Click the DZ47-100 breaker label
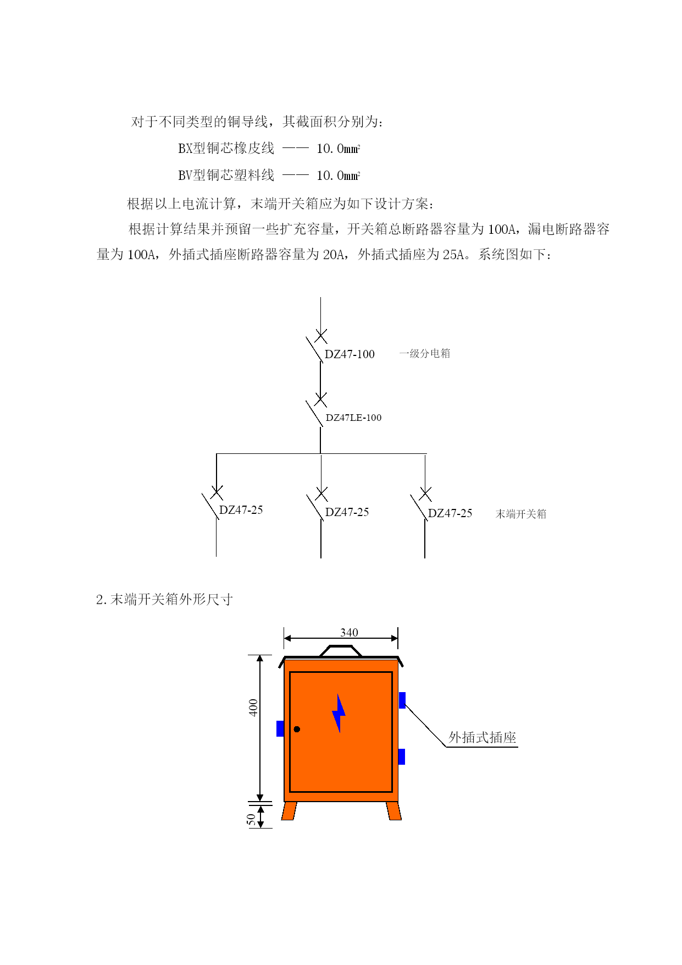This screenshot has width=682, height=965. tap(350, 354)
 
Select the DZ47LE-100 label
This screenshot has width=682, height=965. tap(353, 418)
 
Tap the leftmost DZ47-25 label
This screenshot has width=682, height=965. tap(241, 510)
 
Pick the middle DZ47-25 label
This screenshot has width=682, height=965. tap(347, 512)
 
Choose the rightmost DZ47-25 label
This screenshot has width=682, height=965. tap(450, 513)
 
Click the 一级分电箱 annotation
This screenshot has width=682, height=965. tap(425, 353)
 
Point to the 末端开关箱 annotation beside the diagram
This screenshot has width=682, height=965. tap(521, 514)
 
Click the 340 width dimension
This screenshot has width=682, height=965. tap(349, 633)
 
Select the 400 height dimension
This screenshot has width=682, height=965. tap(253, 708)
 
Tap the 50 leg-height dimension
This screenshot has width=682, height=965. tap(251, 820)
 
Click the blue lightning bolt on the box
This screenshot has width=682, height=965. tap(339, 714)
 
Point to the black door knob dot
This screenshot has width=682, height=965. tap(297, 730)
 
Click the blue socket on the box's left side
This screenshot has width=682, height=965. tap(280, 728)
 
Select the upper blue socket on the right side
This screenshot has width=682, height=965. tap(402, 700)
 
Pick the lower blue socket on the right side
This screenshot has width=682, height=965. tap(402, 756)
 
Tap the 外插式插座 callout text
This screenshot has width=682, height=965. tap(483, 738)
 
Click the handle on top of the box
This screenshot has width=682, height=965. tap(341, 651)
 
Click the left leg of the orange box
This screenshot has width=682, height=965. tap(289, 811)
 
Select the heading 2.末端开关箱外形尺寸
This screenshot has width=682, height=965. tap(164, 599)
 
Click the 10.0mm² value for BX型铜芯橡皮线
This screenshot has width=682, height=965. tap(339, 149)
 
